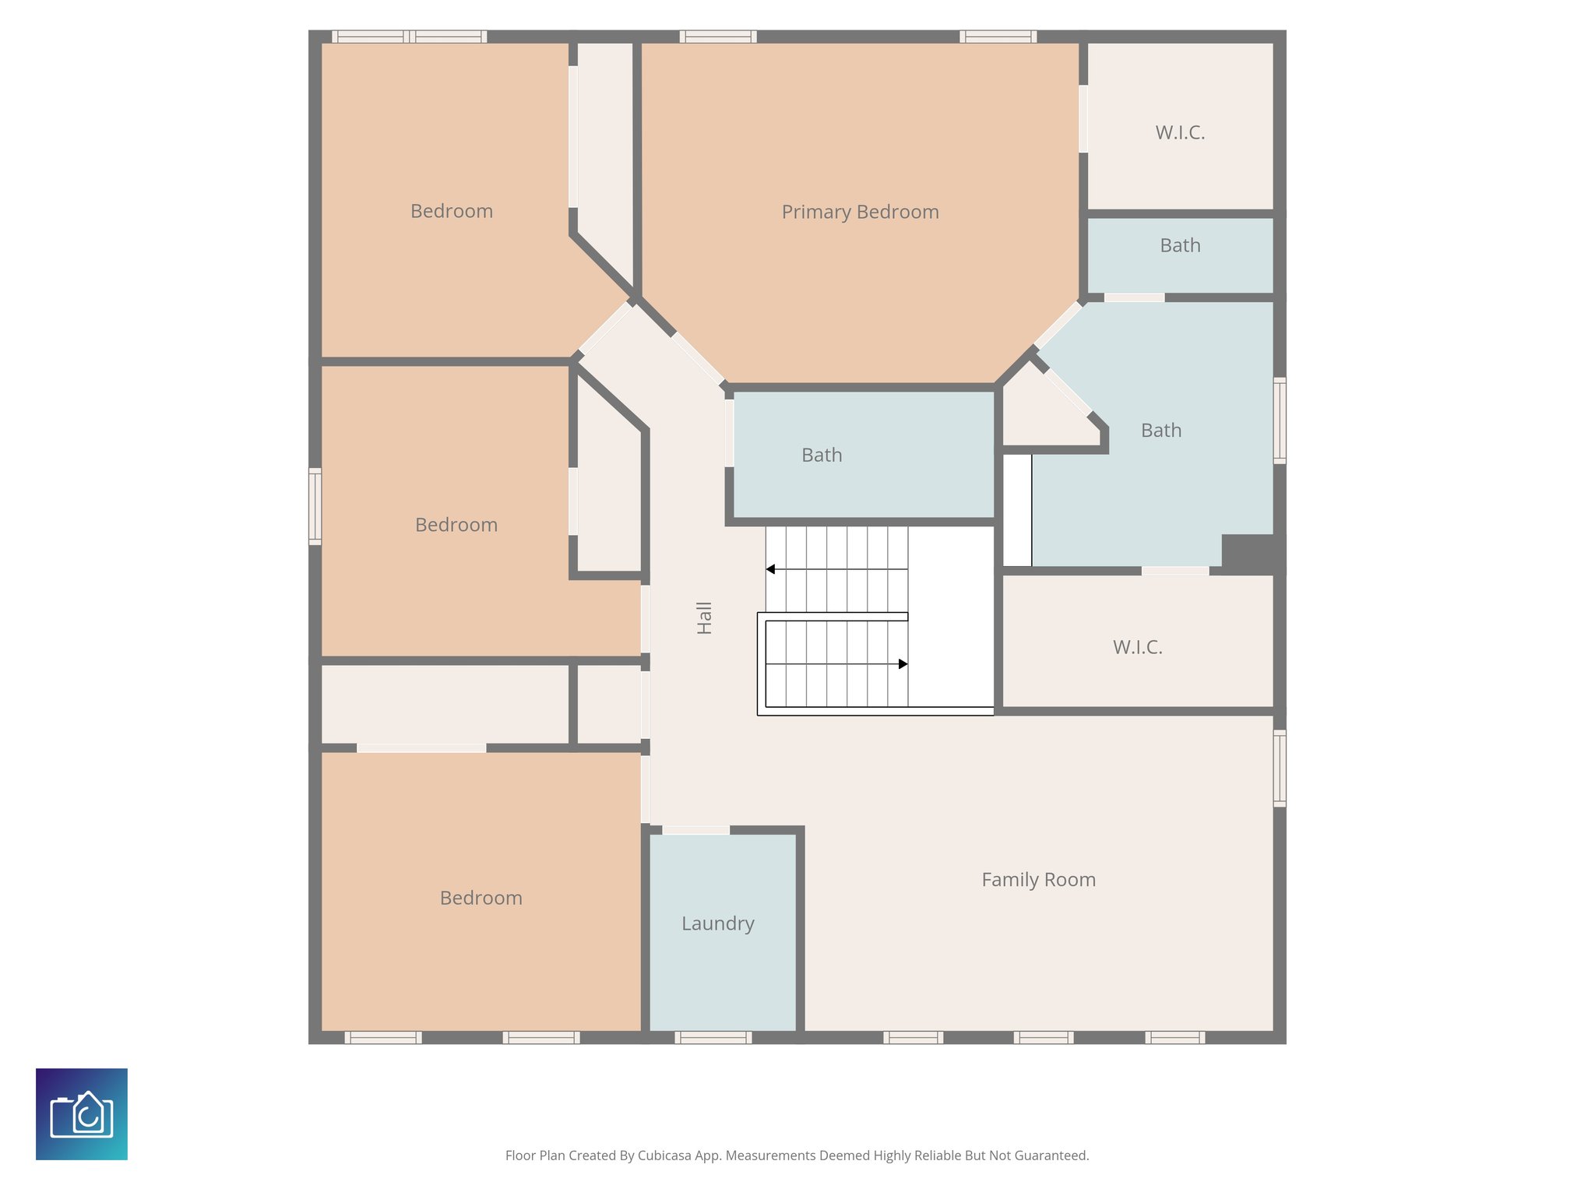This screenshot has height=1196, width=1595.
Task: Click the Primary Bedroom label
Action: tap(860, 212)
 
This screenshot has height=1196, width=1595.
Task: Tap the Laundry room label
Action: tap(717, 923)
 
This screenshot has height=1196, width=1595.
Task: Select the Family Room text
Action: tap(1038, 880)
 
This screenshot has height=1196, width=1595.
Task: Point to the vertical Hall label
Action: tap(704, 617)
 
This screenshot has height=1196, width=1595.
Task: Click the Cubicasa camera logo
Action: tap(82, 1113)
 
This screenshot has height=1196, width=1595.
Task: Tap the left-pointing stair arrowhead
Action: tap(770, 569)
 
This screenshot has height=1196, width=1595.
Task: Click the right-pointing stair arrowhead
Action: tap(903, 664)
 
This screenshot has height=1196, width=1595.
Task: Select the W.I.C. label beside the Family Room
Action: tap(1137, 647)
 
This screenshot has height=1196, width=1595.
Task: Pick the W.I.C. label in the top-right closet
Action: tap(1180, 133)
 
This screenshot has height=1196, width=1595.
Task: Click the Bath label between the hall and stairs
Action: tap(822, 455)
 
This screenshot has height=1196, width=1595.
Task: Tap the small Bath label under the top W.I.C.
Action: tap(1180, 245)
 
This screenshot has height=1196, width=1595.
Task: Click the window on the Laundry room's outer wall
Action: tap(713, 1037)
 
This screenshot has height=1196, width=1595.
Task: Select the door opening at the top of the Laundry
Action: tap(695, 830)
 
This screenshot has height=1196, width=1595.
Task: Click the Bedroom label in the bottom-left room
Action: tap(481, 898)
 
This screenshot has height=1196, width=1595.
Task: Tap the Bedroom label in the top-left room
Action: tap(452, 211)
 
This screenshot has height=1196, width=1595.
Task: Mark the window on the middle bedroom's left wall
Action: tap(315, 506)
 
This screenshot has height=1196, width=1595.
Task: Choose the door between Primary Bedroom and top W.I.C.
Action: tap(1083, 118)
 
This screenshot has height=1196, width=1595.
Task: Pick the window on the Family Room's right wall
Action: tap(1279, 768)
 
